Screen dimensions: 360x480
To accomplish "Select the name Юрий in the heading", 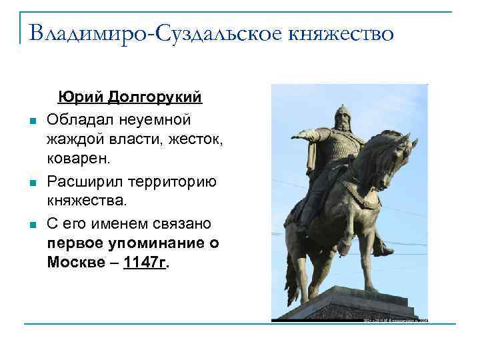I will tap(75, 97).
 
